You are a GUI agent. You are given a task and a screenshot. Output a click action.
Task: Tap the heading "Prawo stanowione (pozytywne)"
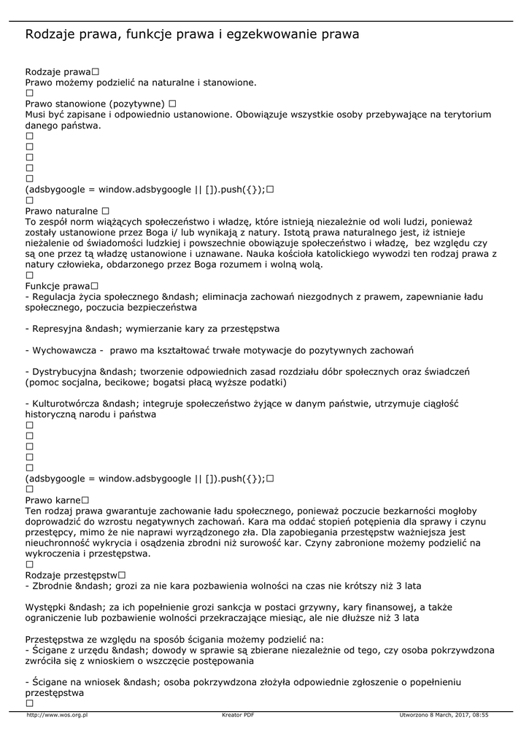(96, 104)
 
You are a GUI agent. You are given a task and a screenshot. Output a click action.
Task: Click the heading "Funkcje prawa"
(58, 286)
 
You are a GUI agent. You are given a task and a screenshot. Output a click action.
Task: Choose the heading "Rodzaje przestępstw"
(71, 575)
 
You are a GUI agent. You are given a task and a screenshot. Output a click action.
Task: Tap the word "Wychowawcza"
(62, 350)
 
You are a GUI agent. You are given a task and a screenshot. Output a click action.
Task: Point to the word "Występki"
(45, 607)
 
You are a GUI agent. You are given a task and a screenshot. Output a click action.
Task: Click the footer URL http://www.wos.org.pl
(57, 715)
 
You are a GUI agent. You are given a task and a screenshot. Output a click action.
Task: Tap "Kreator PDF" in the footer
(238, 715)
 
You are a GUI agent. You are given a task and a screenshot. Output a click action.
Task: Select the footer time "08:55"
(480, 715)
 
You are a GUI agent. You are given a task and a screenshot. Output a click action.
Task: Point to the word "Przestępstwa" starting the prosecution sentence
(56, 639)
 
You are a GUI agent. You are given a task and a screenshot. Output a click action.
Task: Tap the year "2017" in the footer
(458, 715)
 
